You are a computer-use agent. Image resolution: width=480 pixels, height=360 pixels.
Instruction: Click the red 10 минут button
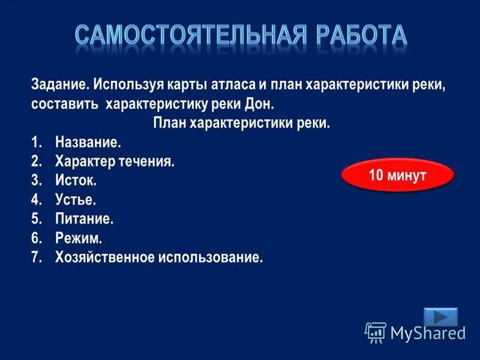(x=397, y=176)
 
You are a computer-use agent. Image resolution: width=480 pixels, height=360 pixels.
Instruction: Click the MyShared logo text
(x=427, y=331)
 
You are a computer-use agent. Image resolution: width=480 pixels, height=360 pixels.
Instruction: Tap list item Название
(x=88, y=142)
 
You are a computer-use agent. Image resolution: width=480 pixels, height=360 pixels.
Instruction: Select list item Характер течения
(x=115, y=161)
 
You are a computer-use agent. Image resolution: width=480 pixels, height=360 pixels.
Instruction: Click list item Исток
(x=76, y=181)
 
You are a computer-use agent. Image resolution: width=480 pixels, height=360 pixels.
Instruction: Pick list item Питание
(x=85, y=219)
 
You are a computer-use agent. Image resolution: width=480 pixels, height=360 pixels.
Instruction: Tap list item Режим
(x=79, y=238)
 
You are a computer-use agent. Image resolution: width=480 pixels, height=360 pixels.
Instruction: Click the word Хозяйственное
(x=104, y=257)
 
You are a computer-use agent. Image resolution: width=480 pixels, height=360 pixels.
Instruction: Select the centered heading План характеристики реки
(x=242, y=123)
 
